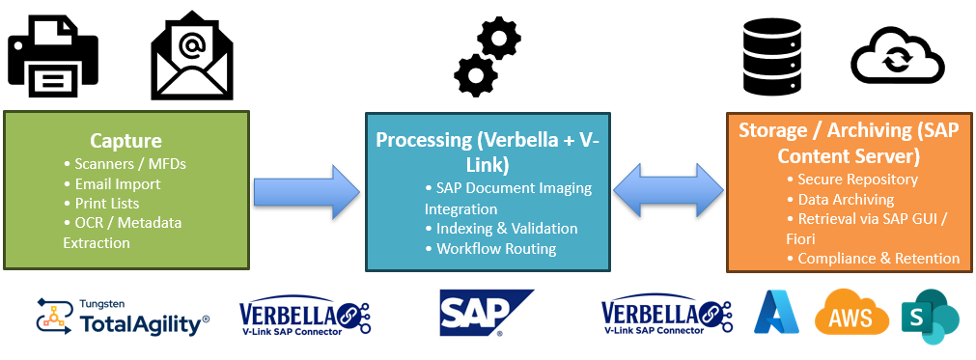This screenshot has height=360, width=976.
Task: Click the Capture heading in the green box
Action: tap(125, 141)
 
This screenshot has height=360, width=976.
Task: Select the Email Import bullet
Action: tap(118, 183)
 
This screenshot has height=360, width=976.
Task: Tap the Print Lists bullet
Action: tap(107, 204)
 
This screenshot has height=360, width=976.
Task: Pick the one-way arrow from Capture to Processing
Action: tap(304, 190)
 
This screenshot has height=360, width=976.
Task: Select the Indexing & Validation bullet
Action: tap(507, 229)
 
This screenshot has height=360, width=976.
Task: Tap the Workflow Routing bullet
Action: tap(496, 249)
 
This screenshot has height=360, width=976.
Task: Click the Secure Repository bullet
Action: tap(857, 180)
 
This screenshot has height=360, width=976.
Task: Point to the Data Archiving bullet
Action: tap(846, 200)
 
